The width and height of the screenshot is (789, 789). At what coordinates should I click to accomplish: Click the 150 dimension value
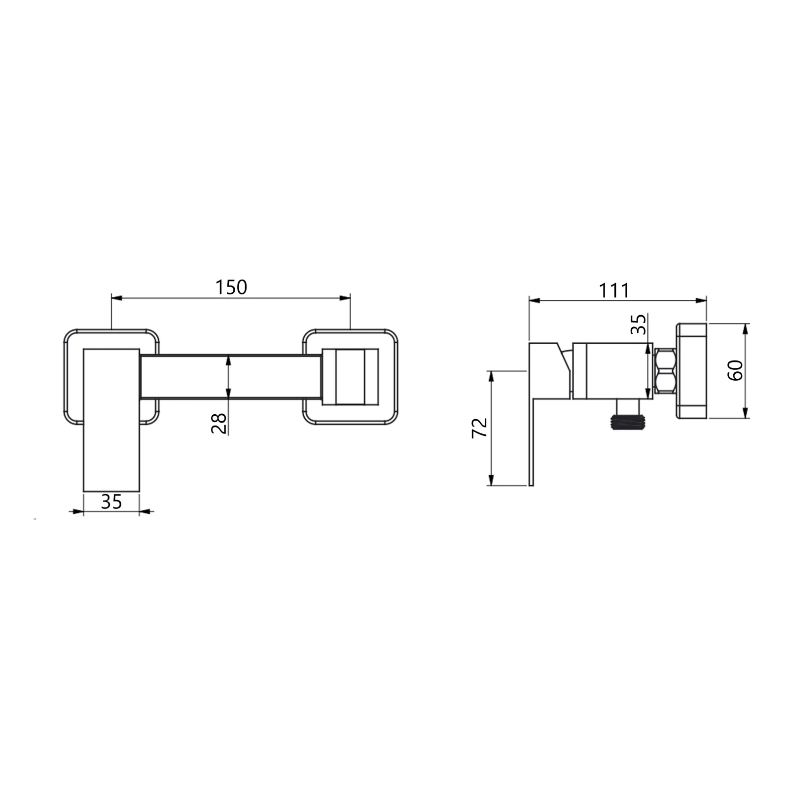pos(231,287)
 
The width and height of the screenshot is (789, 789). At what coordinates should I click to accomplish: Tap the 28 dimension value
pos(219,423)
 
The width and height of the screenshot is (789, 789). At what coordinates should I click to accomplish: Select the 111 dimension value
pos(614,291)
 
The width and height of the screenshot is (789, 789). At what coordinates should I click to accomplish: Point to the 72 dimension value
pos(480,428)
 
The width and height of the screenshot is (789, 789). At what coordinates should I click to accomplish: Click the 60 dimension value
pos(735,370)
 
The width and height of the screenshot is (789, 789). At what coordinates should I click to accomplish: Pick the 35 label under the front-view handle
pos(111,502)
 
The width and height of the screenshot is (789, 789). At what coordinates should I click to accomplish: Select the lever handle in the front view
pos(111,420)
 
